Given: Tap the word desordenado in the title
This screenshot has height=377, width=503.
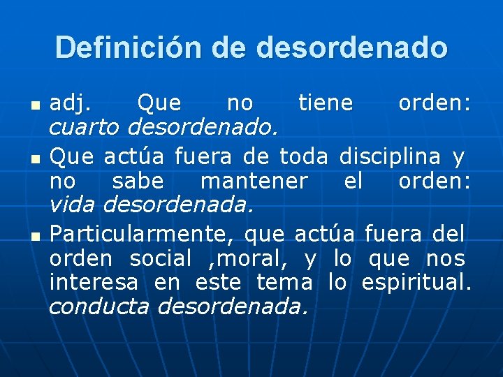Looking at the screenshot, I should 352,47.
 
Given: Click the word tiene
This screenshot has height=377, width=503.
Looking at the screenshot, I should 326,103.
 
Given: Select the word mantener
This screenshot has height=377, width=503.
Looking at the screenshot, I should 254,181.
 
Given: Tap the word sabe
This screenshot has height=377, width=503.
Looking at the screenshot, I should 138,181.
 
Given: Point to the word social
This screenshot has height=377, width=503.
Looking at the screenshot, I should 161,258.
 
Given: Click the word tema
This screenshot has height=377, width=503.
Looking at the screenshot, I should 284,283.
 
